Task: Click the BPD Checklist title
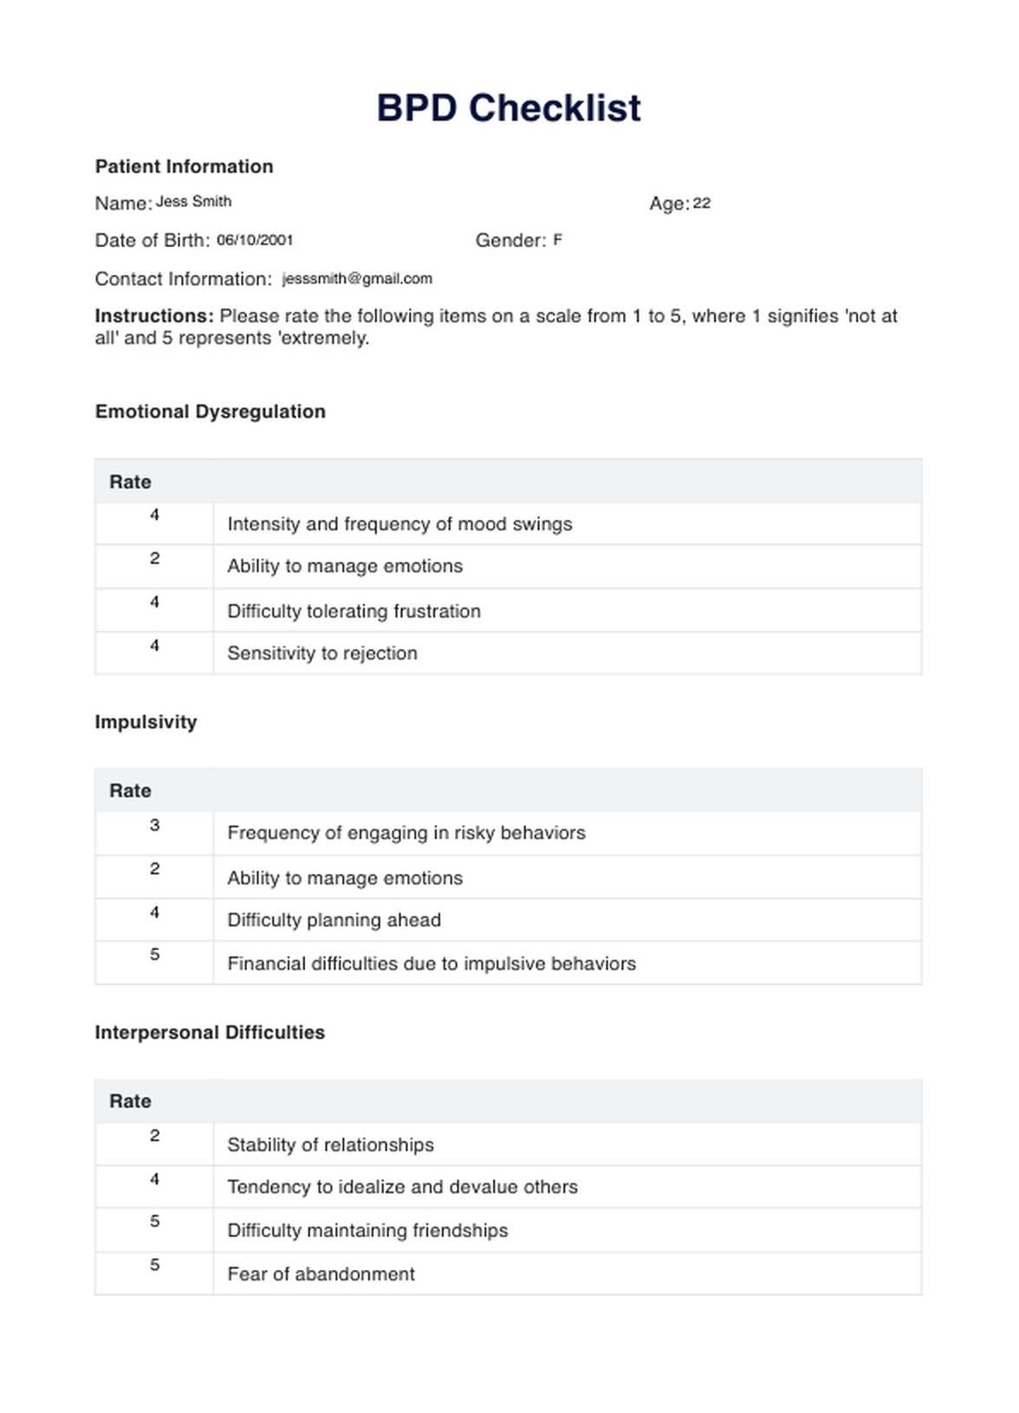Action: (x=509, y=108)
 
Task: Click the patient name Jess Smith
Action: (x=193, y=202)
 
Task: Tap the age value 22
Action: (x=702, y=204)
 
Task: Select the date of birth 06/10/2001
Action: (x=255, y=240)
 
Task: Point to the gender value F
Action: (x=558, y=239)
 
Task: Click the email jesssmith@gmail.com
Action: (x=357, y=278)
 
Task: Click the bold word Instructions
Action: (x=154, y=316)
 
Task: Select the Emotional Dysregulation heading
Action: (x=211, y=412)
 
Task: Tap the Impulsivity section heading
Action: (x=146, y=722)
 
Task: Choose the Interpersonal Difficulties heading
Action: (x=210, y=1032)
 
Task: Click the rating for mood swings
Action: (x=154, y=515)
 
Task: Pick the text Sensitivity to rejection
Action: (x=322, y=653)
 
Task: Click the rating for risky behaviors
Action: (x=154, y=825)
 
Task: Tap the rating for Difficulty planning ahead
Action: (x=154, y=912)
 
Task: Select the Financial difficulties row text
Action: (x=432, y=963)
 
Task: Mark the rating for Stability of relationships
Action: (x=154, y=1136)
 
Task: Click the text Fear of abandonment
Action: (x=321, y=1273)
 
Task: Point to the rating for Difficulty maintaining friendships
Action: (x=154, y=1221)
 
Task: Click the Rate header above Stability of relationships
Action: (x=130, y=1101)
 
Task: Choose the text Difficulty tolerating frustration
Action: (x=354, y=611)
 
